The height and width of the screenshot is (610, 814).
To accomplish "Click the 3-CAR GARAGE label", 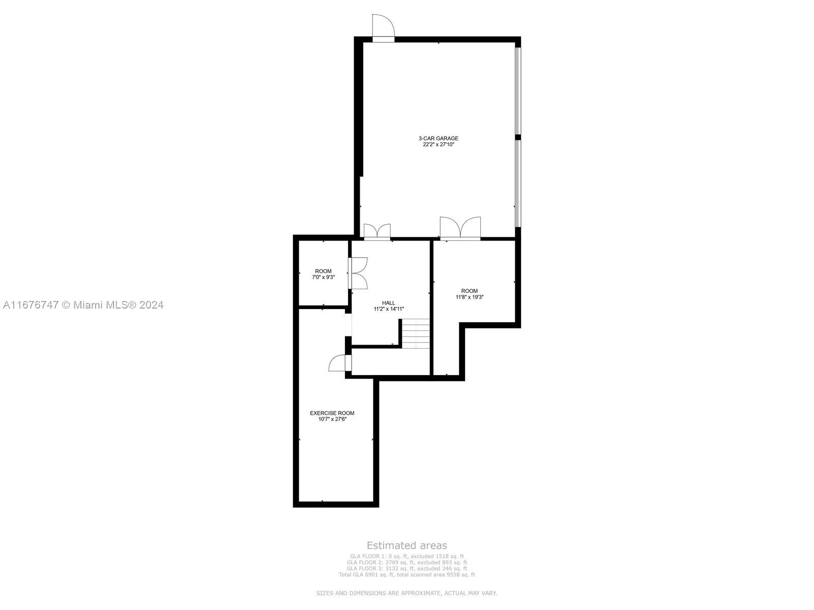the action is pyautogui.click(x=439, y=138).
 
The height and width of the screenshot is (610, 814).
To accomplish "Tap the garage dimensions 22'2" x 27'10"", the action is pyautogui.click(x=439, y=144).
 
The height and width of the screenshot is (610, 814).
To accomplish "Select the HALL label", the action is pyautogui.click(x=388, y=302).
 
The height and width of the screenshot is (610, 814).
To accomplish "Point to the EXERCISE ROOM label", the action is pyautogui.click(x=332, y=413).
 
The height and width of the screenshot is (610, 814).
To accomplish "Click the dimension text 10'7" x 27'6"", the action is pyautogui.click(x=332, y=419).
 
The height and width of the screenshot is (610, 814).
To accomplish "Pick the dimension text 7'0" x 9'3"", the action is pyautogui.click(x=324, y=277).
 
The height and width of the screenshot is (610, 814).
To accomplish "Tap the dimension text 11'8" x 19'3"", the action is pyautogui.click(x=470, y=297).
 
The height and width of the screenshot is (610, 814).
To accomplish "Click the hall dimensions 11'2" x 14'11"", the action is pyautogui.click(x=389, y=309).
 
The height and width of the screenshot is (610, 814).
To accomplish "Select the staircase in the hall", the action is pyautogui.click(x=416, y=333).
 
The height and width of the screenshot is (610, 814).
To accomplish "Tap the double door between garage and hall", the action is pyautogui.click(x=377, y=232).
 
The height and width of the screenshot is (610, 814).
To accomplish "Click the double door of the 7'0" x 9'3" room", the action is pyautogui.click(x=358, y=273).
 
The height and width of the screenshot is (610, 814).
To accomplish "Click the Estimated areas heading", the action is pyautogui.click(x=407, y=545).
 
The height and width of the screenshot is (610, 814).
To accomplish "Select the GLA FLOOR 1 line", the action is pyautogui.click(x=407, y=556).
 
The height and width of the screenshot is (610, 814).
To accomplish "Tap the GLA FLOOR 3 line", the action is pyautogui.click(x=407, y=568).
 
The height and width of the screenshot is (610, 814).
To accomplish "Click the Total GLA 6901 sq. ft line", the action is pyautogui.click(x=407, y=574).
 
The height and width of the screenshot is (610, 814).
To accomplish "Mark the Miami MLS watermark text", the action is pyautogui.click(x=83, y=305).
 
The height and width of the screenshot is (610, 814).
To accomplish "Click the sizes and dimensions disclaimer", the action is pyautogui.click(x=406, y=593).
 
